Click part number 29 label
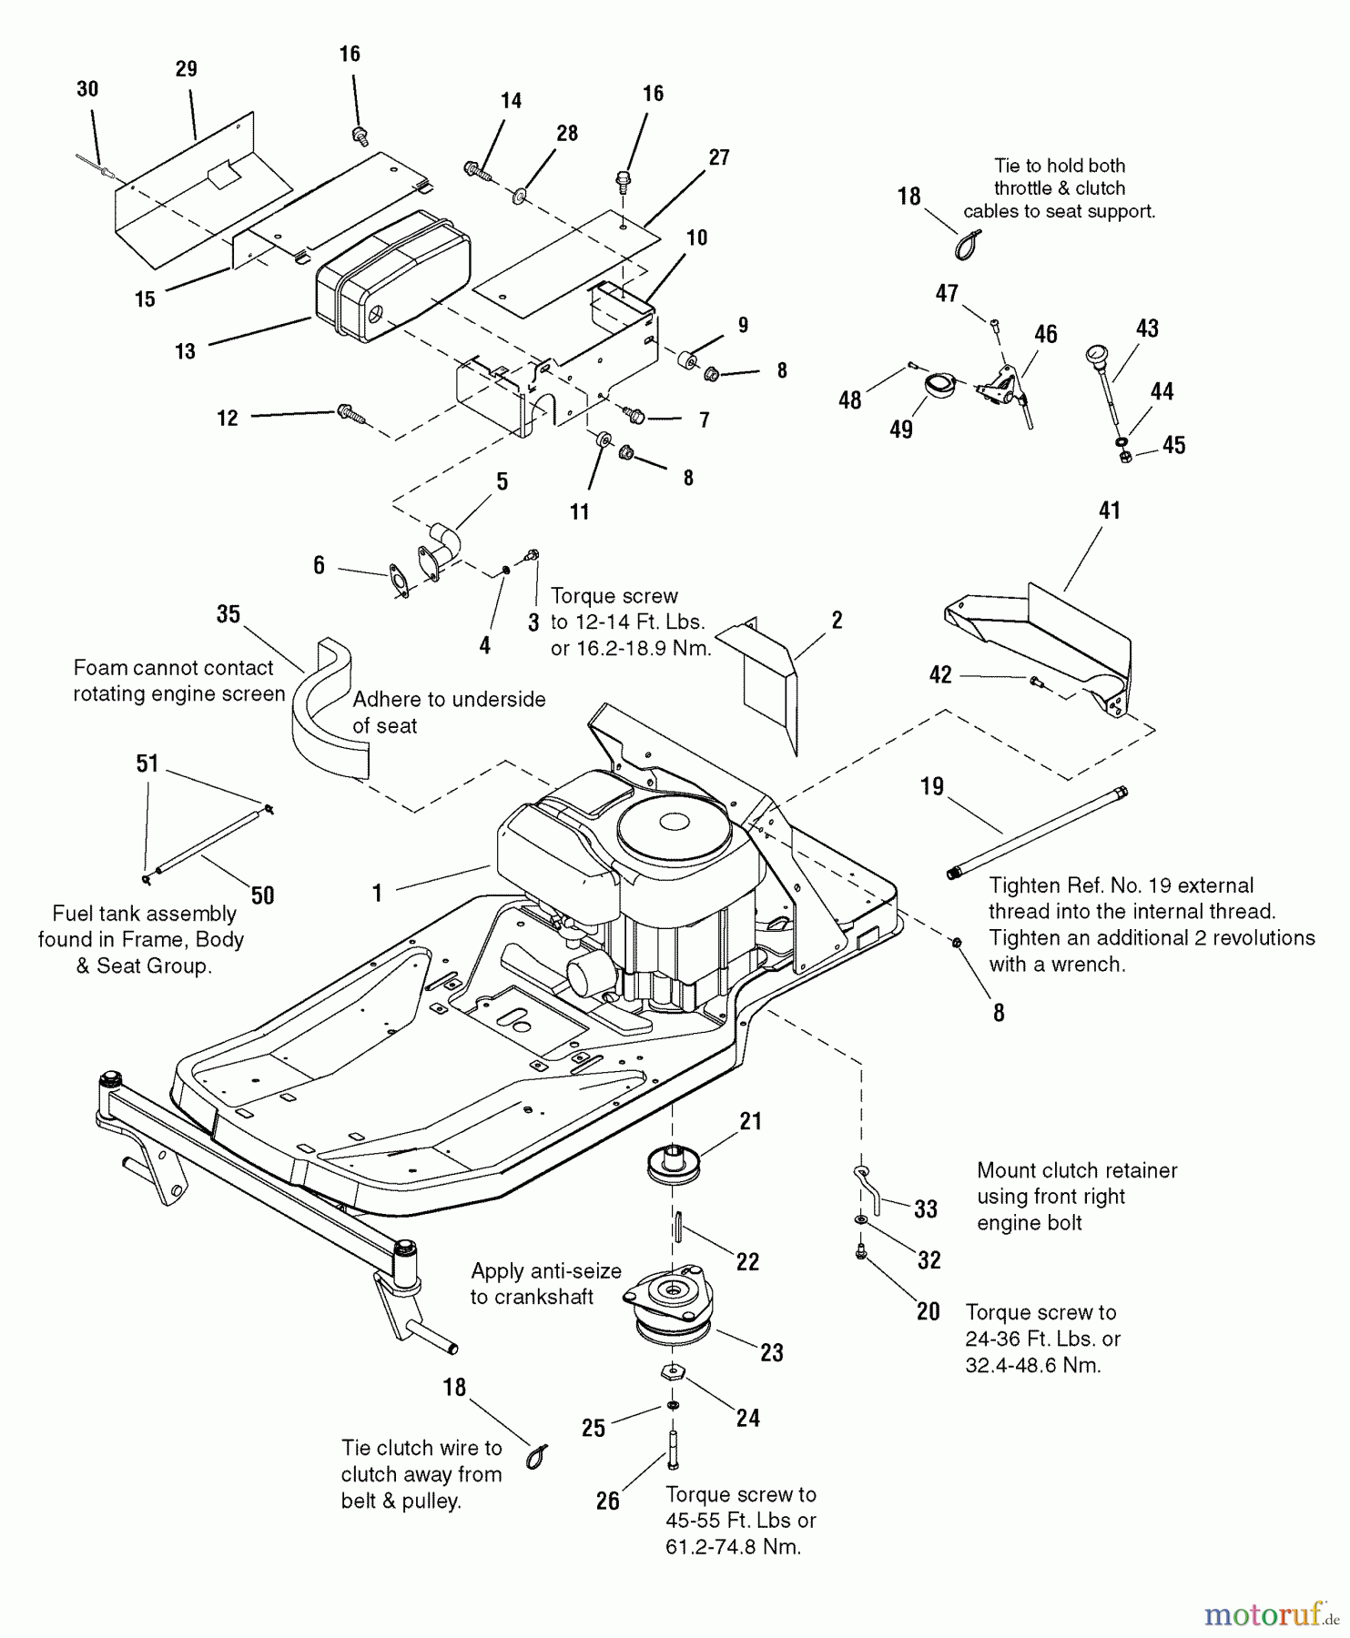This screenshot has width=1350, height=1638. coord(187,69)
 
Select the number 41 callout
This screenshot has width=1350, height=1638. coord(1109,511)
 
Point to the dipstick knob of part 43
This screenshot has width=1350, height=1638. coord(1095,354)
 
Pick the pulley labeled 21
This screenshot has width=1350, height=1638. coord(674,1167)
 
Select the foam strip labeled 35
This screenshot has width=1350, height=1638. coord(331,715)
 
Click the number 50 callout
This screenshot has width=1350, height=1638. coord(262,895)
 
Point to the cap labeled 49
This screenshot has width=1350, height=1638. coord(938,385)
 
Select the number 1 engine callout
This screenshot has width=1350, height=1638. coord(377,893)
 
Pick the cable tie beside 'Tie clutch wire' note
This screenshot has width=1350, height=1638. coord(537,1456)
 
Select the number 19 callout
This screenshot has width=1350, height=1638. coord(932,786)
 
